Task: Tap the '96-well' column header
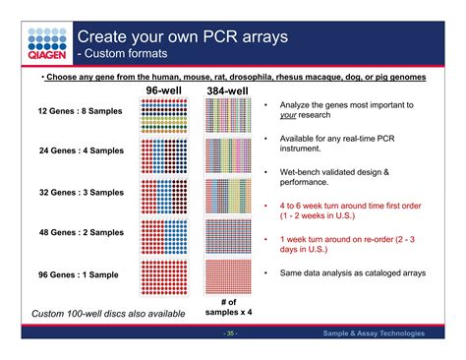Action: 164,90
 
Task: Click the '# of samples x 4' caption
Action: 228,305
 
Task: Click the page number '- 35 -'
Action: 229,334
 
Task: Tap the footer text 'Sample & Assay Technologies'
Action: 374,334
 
